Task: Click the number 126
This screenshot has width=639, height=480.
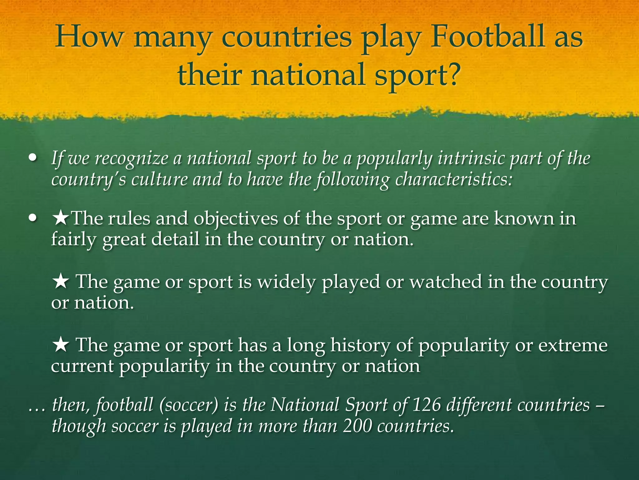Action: click(427, 405)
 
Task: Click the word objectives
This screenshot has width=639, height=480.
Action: click(236, 218)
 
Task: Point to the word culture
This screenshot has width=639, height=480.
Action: click(159, 179)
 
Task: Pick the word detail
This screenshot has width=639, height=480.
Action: click(175, 239)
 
